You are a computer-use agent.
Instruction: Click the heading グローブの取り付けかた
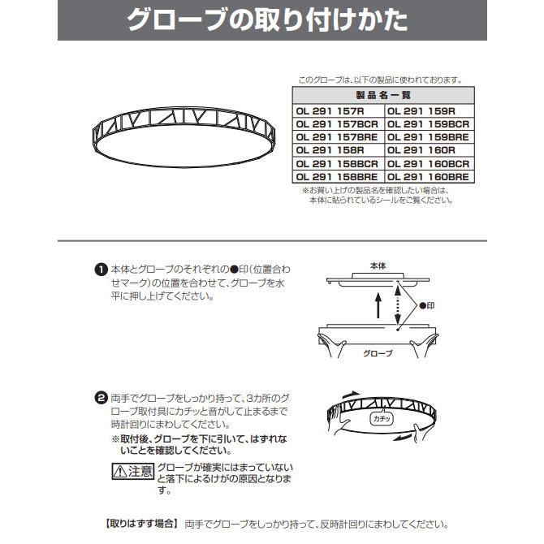click(x=271, y=21)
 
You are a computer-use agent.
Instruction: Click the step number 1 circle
click(x=101, y=270)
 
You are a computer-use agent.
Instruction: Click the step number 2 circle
click(x=101, y=398)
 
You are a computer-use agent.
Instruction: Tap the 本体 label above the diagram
click(x=378, y=266)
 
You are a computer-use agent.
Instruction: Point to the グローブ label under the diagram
click(x=378, y=353)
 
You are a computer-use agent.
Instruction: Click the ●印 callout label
click(x=430, y=307)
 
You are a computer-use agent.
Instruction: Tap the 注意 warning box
click(x=132, y=470)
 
